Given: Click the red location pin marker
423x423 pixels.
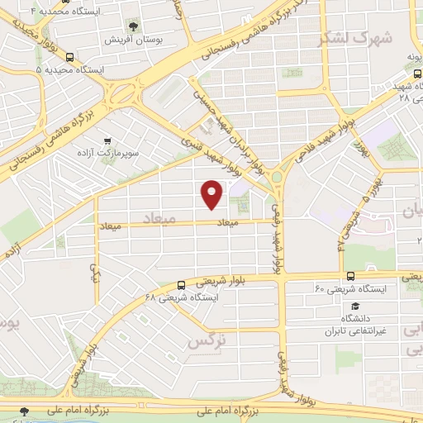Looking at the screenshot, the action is click(213, 193).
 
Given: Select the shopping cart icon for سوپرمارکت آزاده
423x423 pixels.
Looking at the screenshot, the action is click(106, 142).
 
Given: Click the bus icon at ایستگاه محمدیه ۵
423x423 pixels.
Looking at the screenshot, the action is click(69, 58).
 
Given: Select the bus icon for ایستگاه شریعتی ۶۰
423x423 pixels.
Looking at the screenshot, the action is click(350, 276).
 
